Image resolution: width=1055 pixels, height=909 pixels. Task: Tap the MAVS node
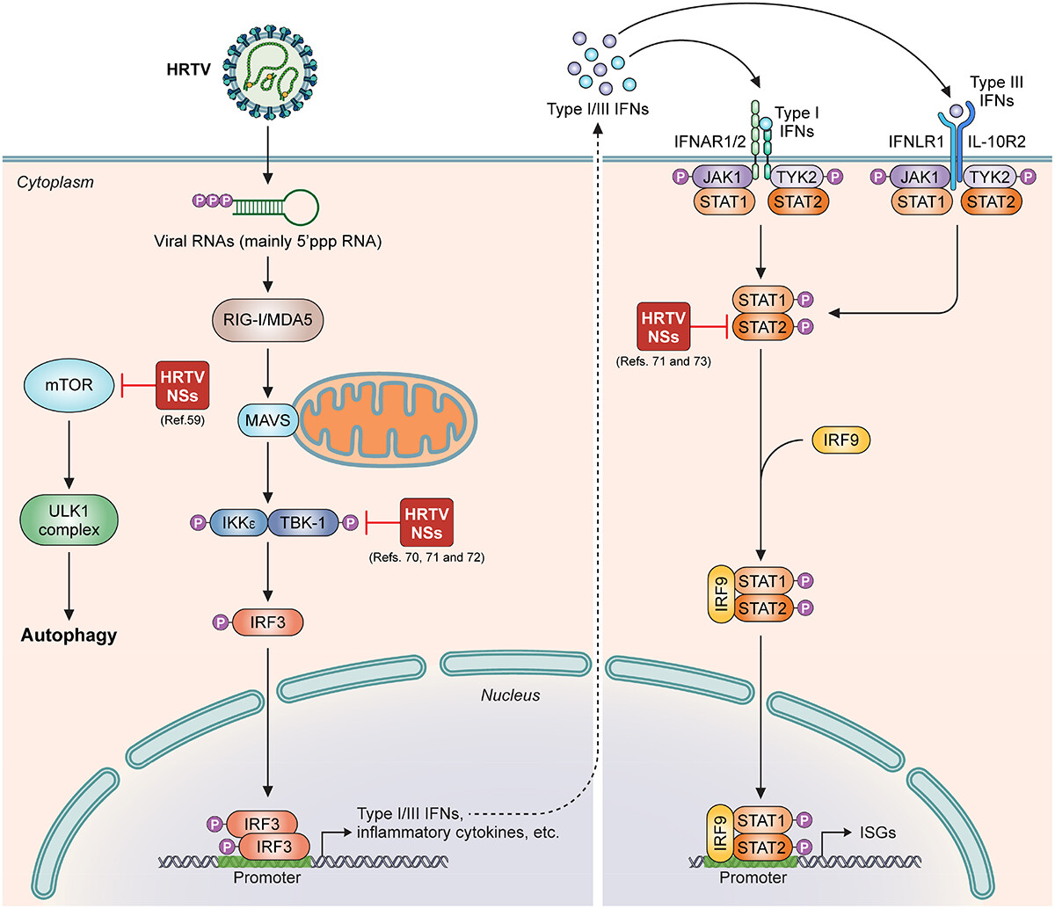[267, 419]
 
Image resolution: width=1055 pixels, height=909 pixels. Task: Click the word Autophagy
[69, 635]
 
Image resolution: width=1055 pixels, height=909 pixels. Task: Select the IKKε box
[238, 523]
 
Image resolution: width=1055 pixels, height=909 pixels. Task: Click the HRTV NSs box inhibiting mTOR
[182, 385]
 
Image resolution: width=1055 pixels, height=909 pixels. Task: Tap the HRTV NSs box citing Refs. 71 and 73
[660, 327]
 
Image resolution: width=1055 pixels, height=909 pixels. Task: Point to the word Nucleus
[510, 695]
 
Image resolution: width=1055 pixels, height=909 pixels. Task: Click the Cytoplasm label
[55, 182]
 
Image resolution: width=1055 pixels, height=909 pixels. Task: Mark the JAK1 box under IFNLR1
[920, 177]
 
